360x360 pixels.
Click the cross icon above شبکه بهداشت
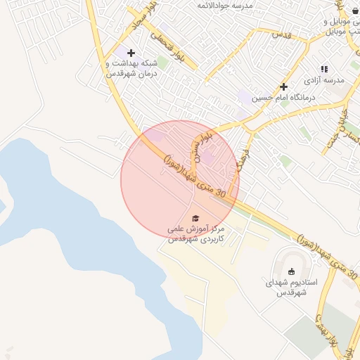131,53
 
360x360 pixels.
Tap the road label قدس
281,34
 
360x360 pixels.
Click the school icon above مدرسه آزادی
324,69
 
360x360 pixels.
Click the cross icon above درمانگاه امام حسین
283,87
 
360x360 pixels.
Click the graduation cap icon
195,219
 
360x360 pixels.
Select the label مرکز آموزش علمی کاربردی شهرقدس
195,234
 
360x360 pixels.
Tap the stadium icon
292,271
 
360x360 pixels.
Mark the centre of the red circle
180,180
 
